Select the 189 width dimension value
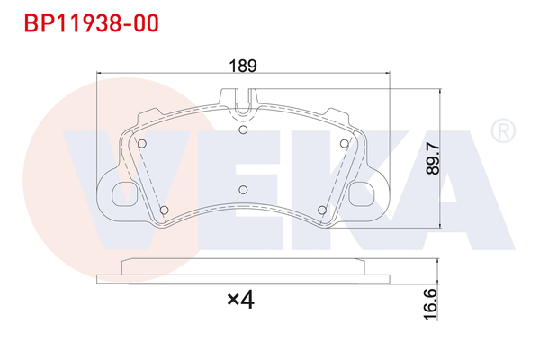pyautogui.click(x=243, y=66)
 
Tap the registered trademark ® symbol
pyautogui.click(x=501, y=131)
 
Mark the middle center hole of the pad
pyautogui.click(x=244, y=188)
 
